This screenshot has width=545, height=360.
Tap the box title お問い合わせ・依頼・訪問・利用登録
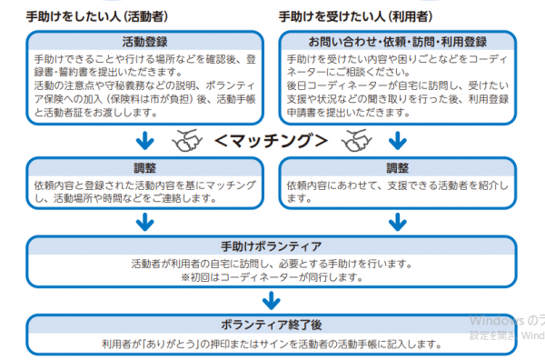(398, 41)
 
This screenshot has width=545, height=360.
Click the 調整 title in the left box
(144, 167)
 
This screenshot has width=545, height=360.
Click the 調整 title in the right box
(398, 167)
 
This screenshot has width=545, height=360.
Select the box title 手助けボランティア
(271, 246)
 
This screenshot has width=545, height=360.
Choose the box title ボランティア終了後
(271, 325)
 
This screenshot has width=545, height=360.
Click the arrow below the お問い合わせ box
(398, 141)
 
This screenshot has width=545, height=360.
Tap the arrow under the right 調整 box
(398, 221)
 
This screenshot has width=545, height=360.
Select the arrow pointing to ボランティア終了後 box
(271, 299)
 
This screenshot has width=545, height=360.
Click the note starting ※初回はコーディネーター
(271, 276)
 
